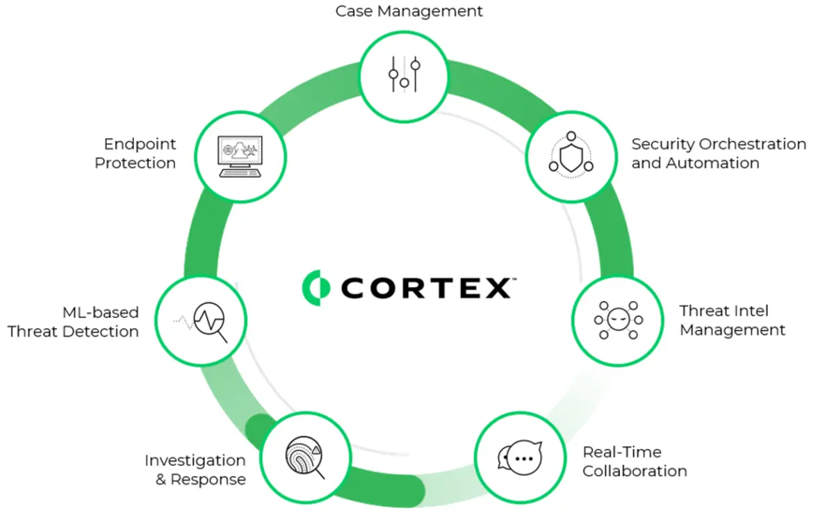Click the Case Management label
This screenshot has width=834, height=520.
click(x=409, y=12)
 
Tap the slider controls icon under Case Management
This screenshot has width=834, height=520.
click(x=404, y=74)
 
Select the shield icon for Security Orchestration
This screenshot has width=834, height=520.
click(x=571, y=154)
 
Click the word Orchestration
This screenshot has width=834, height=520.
click(x=753, y=144)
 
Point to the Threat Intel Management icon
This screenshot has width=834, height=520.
click(x=619, y=320)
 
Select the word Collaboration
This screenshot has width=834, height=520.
click(x=635, y=471)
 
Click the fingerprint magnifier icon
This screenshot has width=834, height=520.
click(x=305, y=457)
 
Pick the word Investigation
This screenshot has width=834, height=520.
click(x=195, y=461)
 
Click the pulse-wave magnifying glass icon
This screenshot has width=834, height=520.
click(x=201, y=322)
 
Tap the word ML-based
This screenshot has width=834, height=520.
click(x=101, y=313)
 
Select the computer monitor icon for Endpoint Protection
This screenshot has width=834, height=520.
click(x=240, y=156)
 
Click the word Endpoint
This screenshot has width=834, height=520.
click(x=140, y=145)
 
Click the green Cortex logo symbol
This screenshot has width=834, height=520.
click(x=316, y=288)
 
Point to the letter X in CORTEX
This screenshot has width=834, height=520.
click(x=496, y=288)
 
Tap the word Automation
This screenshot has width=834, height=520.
click(x=712, y=163)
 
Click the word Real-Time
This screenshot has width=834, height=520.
click(x=622, y=452)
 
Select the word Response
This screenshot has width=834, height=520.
click(x=208, y=480)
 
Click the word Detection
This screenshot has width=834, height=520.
click(x=101, y=332)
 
